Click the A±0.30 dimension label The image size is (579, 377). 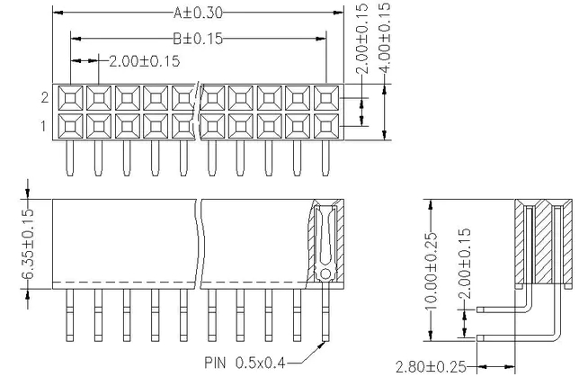(x=198, y=13)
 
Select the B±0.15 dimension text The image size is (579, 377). (x=198, y=39)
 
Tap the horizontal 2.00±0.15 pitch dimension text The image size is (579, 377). (x=143, y=61)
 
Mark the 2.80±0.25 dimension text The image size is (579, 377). (x=432, y=367)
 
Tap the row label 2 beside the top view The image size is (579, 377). (x=43, y=97)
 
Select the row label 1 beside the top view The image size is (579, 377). (x=43, y=125)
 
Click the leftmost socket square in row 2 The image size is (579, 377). (x=71, y=98)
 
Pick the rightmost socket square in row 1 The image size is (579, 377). (x=325, y=125)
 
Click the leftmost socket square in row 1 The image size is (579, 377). (x=71, y=125)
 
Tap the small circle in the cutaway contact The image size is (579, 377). (x=325, y=273)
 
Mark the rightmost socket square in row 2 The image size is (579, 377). (x=325, y=98)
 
